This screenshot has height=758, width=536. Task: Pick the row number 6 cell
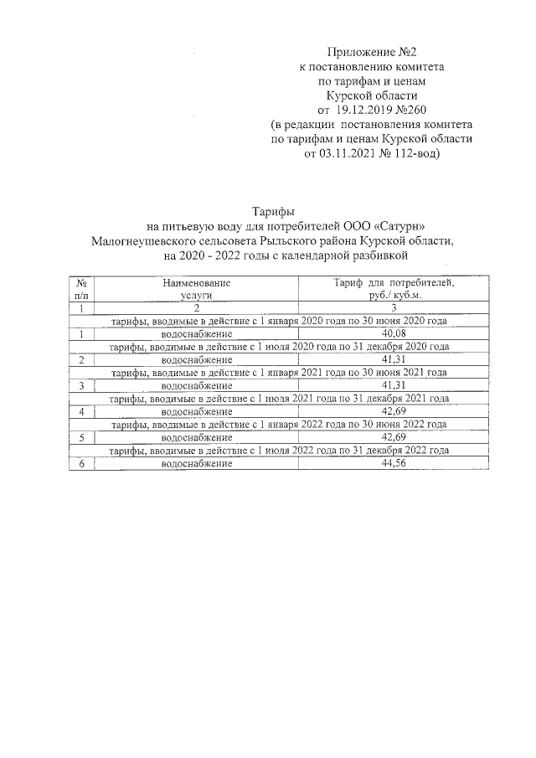coord(81,463)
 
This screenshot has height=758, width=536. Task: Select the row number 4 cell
coord(81,411)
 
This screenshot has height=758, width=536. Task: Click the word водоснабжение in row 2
coord(197,360)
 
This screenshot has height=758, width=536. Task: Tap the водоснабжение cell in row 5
coord(197,437)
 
